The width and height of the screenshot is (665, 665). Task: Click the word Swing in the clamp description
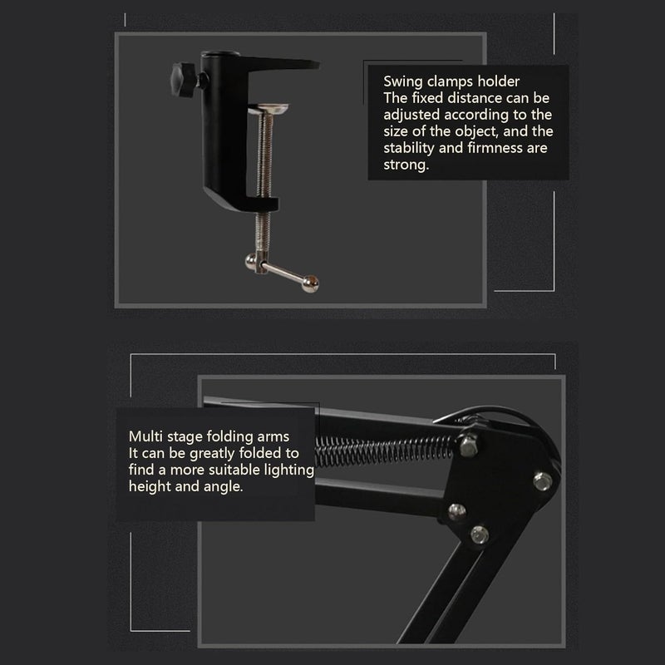click(401, 81)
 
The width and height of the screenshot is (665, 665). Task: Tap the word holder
click(498, 81)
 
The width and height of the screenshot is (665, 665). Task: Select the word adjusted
click(409, 115)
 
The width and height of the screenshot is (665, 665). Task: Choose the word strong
click(405, 165)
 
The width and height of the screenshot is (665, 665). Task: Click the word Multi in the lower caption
click(145, 436)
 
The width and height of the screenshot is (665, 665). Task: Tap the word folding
click(218, 436)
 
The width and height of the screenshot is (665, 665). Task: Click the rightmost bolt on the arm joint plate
click(543, 480)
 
